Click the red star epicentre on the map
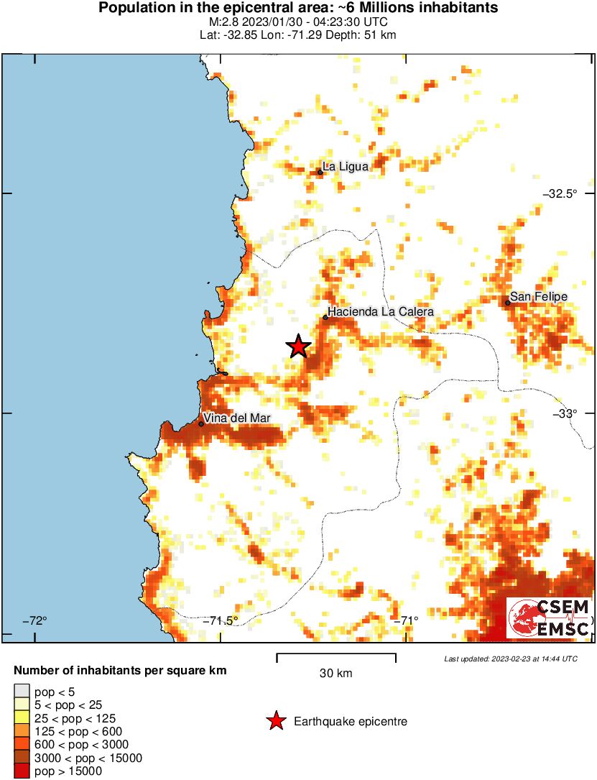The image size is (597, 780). coord(298,347)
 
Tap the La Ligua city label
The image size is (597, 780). coord(346,166)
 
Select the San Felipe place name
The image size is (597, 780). coord(538,296)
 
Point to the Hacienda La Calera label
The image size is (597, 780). coord(381,312)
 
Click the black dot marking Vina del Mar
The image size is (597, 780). coord(201,423)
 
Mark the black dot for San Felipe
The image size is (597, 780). coord(507,303)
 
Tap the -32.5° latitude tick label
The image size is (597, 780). coord(560,194)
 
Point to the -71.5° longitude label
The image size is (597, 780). coord(220,620)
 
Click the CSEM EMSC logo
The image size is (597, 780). coord(550,618)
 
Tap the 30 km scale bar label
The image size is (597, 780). coord(335,674)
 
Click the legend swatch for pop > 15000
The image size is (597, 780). coord(22,771)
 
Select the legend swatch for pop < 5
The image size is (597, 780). coord(22,692)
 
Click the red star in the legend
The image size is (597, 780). coord(275,721)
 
